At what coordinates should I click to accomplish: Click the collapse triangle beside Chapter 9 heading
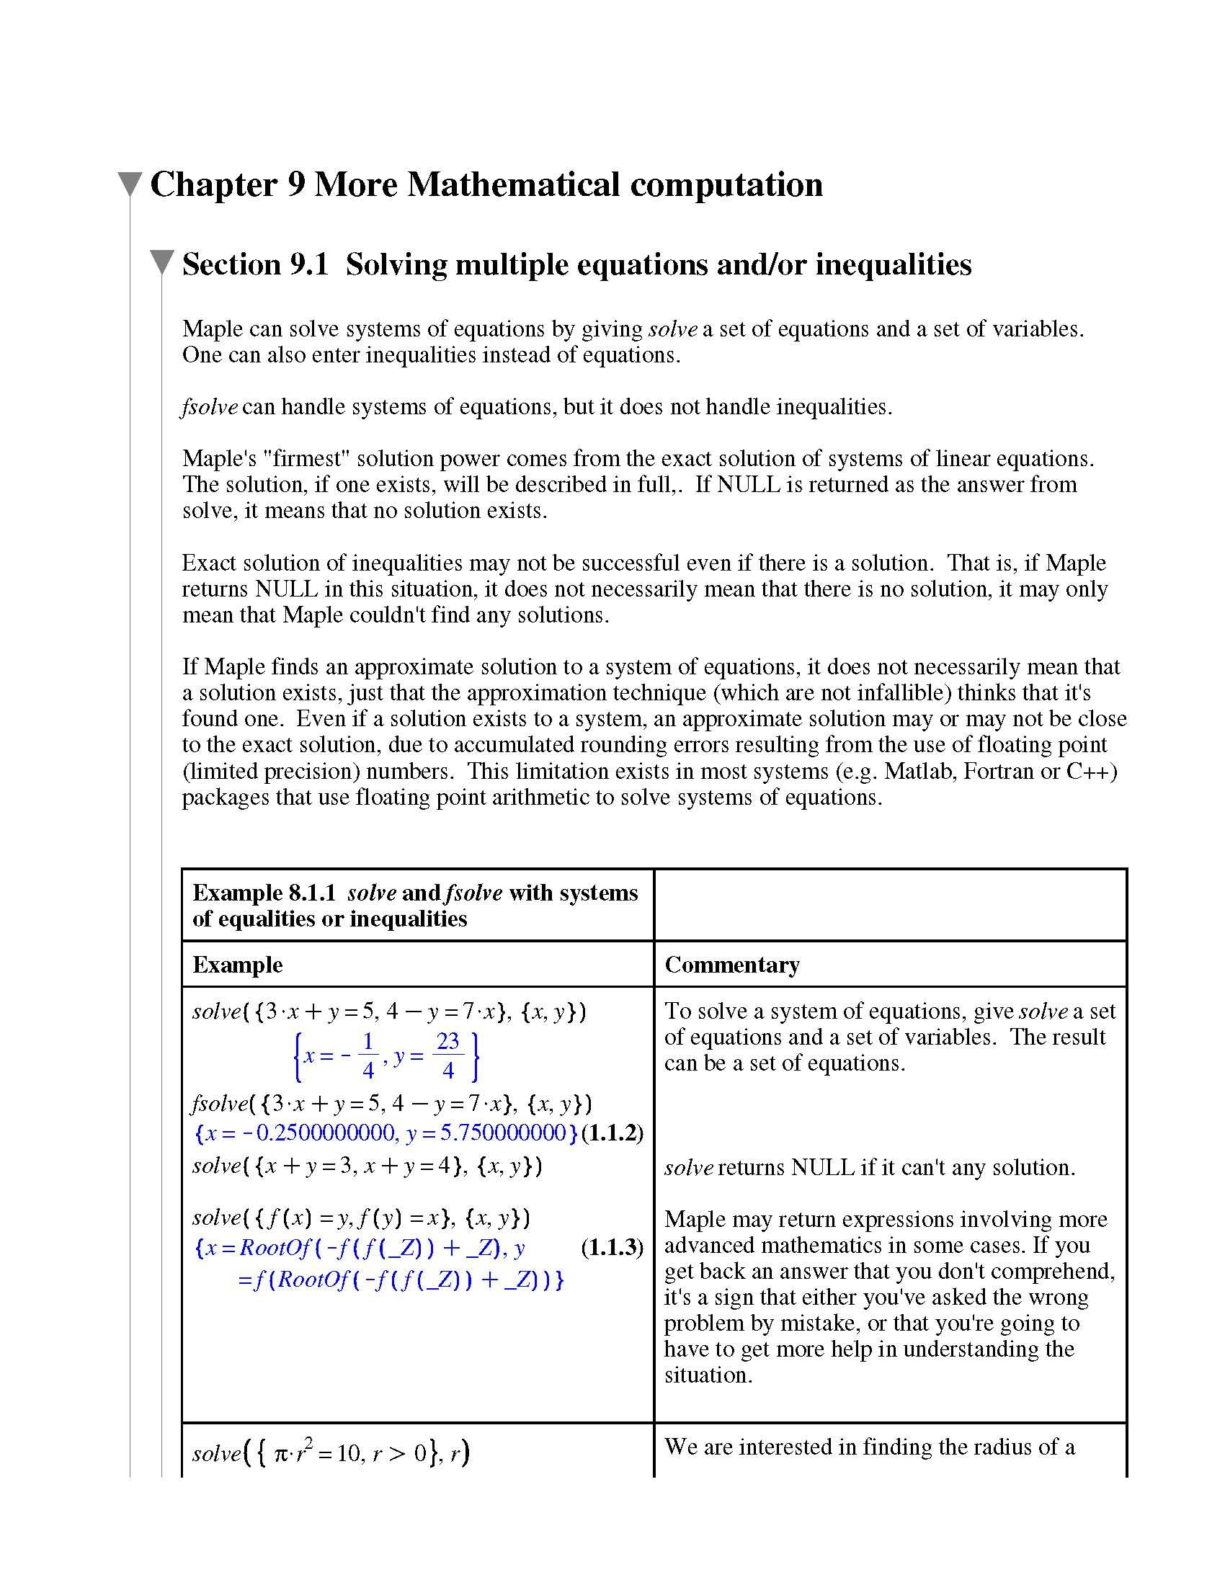(x=130, y=184)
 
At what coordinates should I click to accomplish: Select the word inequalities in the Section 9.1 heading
(x=894, y=264)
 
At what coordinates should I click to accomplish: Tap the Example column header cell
(x=238, y=965)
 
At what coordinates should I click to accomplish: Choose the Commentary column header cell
(x=732, y=965)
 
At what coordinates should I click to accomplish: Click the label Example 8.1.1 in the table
(x=264, y=893)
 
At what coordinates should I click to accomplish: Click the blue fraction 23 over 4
(x=447, y=1055)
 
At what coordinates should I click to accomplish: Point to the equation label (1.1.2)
(x=612, y=1133)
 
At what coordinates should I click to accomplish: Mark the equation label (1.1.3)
(x=612, y=1248)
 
